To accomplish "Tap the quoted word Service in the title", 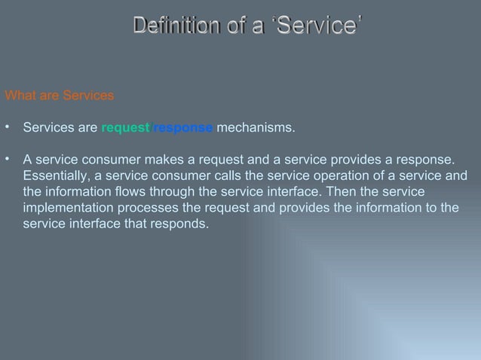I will (317, 26).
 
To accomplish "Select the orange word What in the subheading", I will (20, 96).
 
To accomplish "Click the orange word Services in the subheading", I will (88, 96).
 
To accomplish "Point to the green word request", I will (125, 128).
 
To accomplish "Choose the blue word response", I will (183, 128).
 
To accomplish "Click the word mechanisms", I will (256, 128).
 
